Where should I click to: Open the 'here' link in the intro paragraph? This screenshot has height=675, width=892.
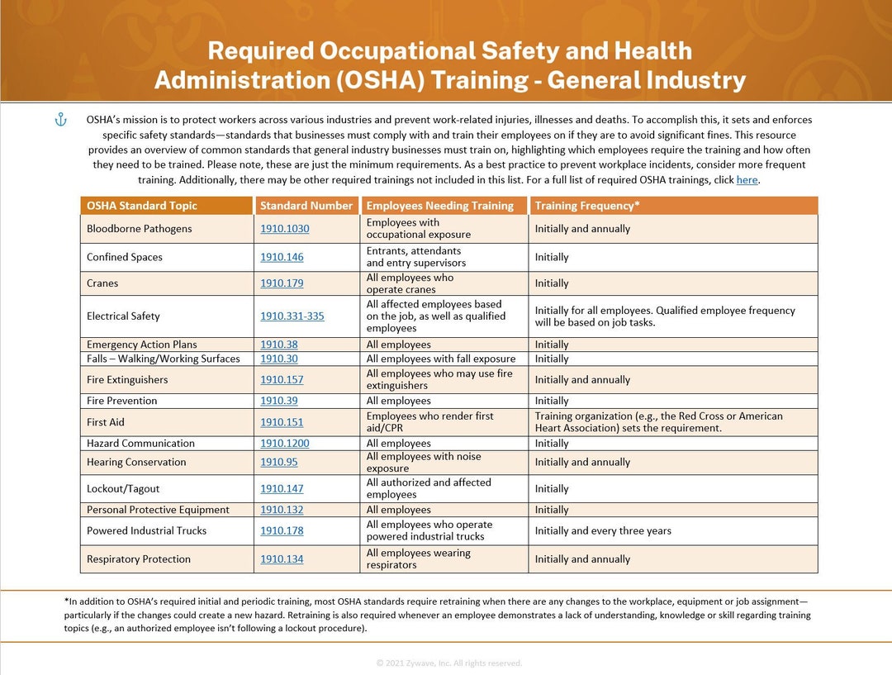[x=747, y=179]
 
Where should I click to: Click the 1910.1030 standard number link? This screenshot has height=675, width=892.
[x=284, y=229]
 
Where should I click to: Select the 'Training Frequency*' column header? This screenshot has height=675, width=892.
[x=586, y=206]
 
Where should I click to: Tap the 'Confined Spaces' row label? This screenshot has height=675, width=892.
[x=125, y=257]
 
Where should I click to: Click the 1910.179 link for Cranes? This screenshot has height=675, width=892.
[x=282, y=283]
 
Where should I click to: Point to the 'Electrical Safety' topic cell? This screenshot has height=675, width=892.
[x=123, y=316]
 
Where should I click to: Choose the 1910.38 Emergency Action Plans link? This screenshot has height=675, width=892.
[x=278, y=345]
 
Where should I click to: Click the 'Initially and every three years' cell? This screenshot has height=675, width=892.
[x=603, y=531]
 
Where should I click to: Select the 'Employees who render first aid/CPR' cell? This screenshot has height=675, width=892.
[x=429, y=422]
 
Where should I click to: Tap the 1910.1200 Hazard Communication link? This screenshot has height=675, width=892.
[x=284, y=444]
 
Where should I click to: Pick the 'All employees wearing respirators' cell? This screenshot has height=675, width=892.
[x=418, y=559]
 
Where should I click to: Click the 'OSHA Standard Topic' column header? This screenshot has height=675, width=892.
[x=142, y=206]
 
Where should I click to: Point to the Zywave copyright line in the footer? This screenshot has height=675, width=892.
[x=448, y=663]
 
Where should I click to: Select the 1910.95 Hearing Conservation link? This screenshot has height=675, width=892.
[x=278, y=463]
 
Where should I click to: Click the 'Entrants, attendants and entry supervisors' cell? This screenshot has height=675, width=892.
[x=415, y=257]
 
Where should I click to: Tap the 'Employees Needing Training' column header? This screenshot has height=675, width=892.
[x=439, y=206]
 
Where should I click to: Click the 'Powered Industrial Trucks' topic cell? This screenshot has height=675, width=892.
[x=146, y=531]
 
